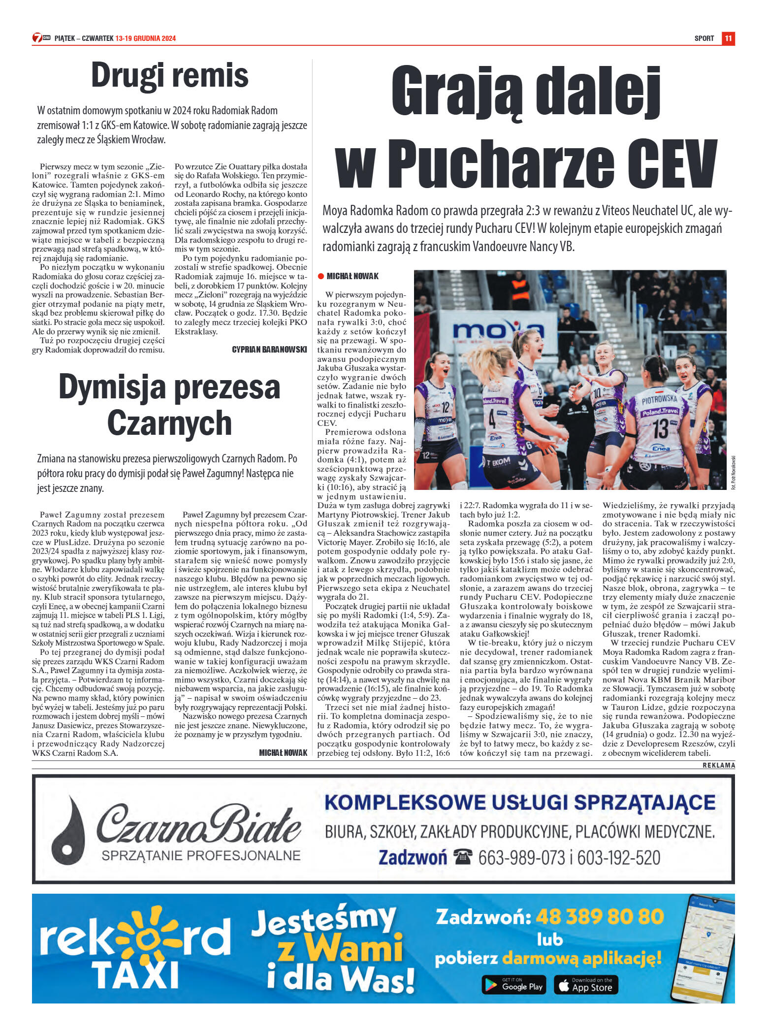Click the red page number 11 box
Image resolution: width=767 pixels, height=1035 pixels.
pos(728,38)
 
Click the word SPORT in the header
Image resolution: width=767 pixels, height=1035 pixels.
pos(704,38)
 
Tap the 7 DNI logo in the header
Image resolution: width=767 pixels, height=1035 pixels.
pos(41,38)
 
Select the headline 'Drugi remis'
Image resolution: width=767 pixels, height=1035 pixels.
pos(170,75)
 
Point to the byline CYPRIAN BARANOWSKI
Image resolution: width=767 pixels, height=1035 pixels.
pos(269,350)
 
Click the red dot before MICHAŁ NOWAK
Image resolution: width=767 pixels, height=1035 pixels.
pos(321,276)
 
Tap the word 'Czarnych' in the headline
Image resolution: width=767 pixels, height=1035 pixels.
pos(169,423)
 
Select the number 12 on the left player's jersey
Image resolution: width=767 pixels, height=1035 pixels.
pos(445,407)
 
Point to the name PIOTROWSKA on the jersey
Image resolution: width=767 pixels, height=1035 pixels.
pos(659,400)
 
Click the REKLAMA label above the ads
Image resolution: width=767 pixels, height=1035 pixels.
pos(719,765)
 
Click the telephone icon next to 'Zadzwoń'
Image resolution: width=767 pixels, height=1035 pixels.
pos(463,857)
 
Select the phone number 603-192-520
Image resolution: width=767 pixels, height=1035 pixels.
pos(619,858)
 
